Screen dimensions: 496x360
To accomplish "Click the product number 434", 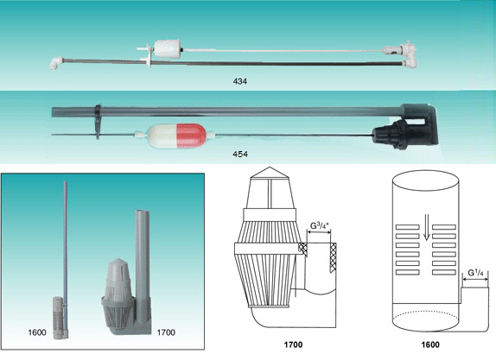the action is (x=239, y=81).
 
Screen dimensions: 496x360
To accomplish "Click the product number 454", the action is (x=240, y=155).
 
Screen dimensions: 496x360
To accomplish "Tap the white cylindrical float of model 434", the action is (x=167, y=48).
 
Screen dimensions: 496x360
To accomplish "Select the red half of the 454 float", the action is (x=191, y=136).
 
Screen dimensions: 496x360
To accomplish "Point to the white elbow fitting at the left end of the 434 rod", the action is (x=57, y=62).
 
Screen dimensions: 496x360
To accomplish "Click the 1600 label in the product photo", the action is (x=37, y=332).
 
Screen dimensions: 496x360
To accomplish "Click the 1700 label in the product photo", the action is (x=166, y=332).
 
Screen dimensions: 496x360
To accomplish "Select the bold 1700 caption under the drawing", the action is (x=293, y=344).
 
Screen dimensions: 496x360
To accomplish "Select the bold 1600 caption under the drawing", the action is (x=430, y=344).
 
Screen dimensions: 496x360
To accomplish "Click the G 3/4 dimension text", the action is (x=320, y=225).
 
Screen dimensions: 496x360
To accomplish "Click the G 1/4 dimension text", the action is (x=475, y=273).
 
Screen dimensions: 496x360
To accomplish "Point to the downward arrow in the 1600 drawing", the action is (x=426, y=227).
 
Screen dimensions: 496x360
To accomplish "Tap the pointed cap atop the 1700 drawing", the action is (x=269, y=173).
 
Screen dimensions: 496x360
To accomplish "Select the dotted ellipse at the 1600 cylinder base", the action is (x=425, y=317).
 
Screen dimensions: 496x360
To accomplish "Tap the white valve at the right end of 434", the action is (x=398, y=52).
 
